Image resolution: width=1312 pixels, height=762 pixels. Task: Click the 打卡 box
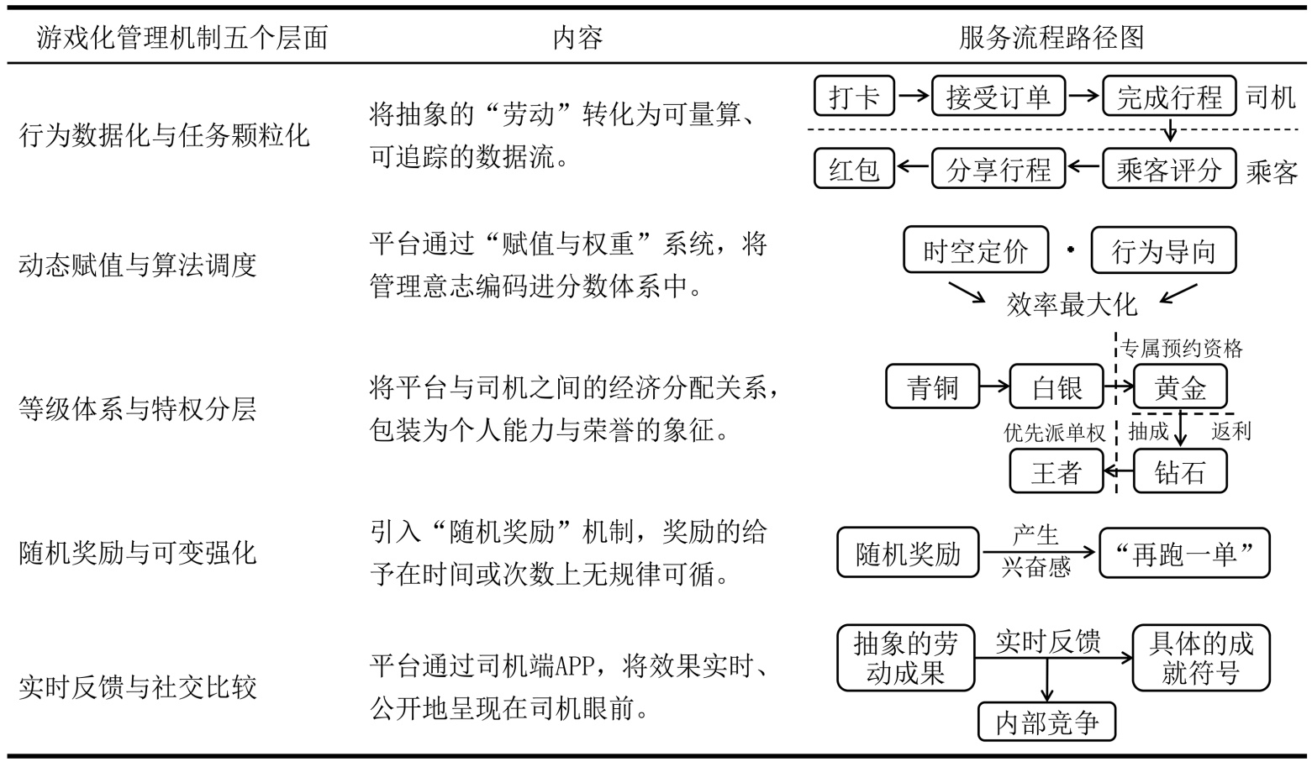pos(854,97)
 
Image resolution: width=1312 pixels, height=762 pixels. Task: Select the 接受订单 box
pos(998,97)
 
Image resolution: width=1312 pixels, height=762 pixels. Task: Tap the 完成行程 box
pos(1168,97)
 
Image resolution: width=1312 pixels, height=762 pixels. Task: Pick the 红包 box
pos(854,169)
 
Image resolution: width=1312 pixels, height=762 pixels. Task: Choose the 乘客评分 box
pos(1168,169)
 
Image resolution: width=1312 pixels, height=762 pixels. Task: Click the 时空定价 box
pos(976,250)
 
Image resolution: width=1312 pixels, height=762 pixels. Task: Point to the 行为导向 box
pos(1163,250)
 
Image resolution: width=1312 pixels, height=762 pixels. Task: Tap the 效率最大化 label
pos(1072,304)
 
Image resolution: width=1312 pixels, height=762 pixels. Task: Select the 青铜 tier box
pos(933,387)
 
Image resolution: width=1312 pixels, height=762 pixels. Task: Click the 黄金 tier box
pos(1180,387)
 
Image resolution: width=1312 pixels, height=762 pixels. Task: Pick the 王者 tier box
pos(1056,471)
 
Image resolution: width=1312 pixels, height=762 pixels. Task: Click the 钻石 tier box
pos(1180,471)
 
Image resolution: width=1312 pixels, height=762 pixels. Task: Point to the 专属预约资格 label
pos(1182,349)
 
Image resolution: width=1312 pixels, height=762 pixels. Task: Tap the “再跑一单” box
pos(1184,554)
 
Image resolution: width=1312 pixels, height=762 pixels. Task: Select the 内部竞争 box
pos(1046,723)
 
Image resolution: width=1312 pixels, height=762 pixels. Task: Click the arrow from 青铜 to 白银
pos(994,387)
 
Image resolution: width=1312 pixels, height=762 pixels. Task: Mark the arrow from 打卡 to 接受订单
pos(913,97)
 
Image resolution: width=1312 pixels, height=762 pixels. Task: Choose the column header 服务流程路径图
pos(1051,38)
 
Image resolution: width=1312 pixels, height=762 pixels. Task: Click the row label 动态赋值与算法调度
pos(137,265)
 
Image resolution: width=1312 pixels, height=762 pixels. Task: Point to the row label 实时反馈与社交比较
pos(137,688)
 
